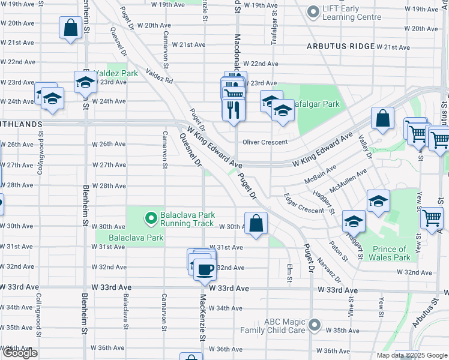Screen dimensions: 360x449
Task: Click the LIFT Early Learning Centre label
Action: pos(352,12)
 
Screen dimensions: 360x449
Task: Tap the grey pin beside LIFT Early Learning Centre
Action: pos(313,11)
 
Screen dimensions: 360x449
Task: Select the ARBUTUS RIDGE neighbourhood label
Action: pos(336,46)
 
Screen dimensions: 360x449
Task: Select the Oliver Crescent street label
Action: pos(265,142)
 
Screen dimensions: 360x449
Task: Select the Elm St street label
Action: pos(289,272)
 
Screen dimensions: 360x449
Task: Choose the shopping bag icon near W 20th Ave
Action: pos(70,27)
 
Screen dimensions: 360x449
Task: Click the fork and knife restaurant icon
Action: pos(232,110)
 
